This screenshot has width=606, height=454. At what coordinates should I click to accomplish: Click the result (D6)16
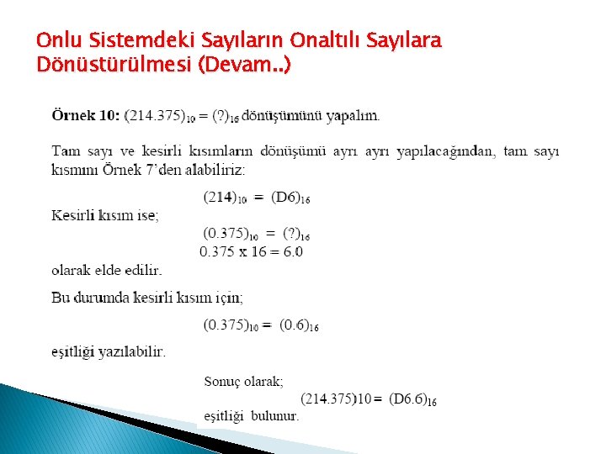[290, 198]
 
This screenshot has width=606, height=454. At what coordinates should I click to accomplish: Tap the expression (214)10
[229, 198]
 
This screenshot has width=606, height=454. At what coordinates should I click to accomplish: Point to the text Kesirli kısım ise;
[104, 215]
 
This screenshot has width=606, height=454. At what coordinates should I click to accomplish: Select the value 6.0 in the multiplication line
[290, 251]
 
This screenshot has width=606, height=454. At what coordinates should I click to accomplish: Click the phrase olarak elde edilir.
[106, 271]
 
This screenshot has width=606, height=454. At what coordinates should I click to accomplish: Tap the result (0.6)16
[299, 325]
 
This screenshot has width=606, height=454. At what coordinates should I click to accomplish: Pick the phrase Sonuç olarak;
[244, 381]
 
